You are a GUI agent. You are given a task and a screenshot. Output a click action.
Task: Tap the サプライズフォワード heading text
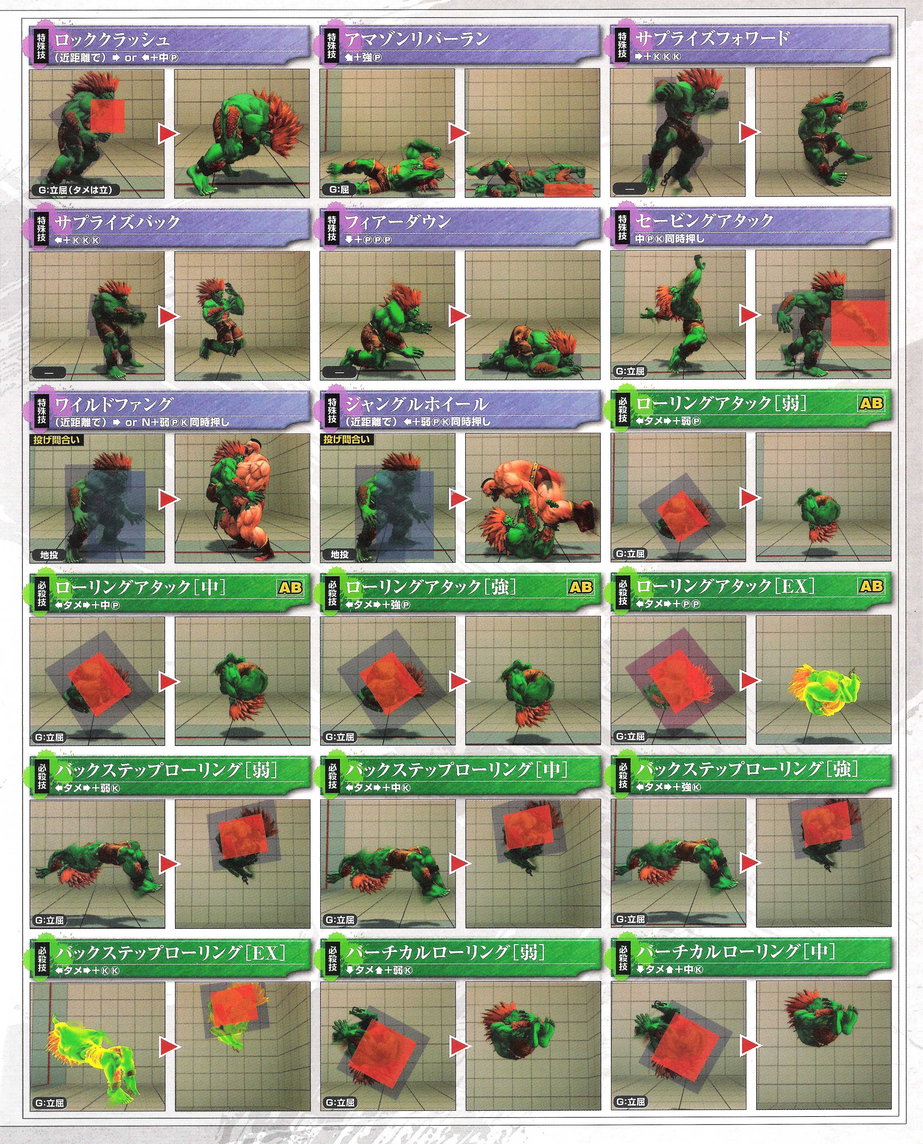712,38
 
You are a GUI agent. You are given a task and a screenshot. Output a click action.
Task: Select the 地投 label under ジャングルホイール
340,554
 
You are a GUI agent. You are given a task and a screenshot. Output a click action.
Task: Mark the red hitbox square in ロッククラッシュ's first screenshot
108,115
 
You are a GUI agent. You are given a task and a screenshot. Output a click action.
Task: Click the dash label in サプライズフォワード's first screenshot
630,189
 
